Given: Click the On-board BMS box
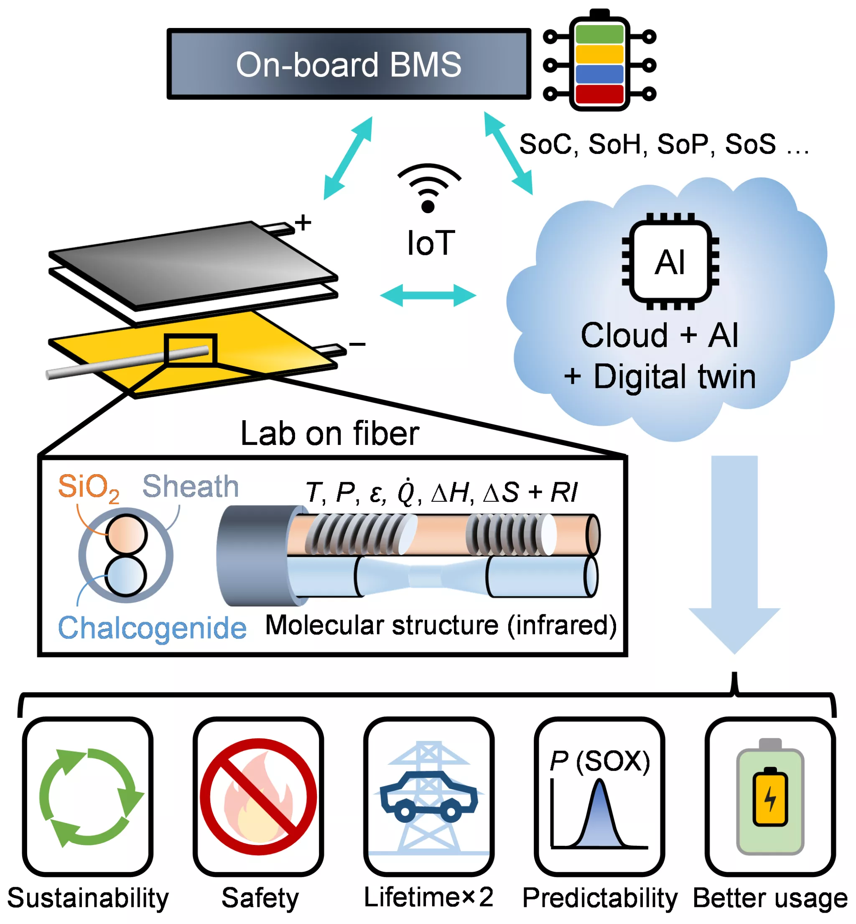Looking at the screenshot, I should click(x=348, y=64).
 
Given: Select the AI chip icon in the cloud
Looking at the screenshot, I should click(x=670, y=262).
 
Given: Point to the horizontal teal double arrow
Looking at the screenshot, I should click(x=428, y=295).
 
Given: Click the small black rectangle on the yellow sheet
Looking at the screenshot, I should click(x=190, y=350).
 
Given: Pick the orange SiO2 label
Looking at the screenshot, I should click(x=88, y=488).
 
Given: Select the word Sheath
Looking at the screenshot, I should click(x=190, y=487).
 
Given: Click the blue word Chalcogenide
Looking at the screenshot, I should click(x=152, y=628).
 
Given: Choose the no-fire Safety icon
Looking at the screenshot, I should click(x=258, y=796).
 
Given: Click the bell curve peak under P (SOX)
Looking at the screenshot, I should click(x=599, y=783).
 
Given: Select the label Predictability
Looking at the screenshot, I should click(x=600, y=898).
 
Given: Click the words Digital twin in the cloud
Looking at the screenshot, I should click(x=675, y=376).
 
